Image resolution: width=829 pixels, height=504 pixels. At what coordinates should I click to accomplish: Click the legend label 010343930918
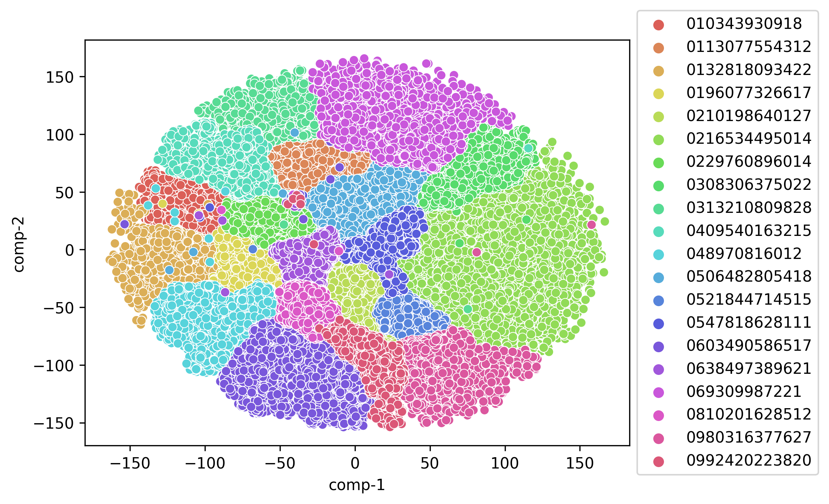click(744, 24)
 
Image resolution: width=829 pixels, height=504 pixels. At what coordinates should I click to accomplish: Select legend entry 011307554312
click(749, 47)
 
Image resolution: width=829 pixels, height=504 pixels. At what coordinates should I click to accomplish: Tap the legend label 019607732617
click(749, 93)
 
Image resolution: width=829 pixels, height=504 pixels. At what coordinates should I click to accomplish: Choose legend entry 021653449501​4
click(749, 139)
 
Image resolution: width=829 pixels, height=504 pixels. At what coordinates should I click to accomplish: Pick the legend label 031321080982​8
click(749, 208)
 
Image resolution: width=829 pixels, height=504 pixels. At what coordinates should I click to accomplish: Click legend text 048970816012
click(744, 254)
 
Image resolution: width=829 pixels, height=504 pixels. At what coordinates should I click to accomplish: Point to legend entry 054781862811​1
click(749, 323)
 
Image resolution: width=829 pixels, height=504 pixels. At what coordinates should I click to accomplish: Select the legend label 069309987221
click(744, 392)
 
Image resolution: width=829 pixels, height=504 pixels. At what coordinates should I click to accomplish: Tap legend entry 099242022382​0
click(749, 460)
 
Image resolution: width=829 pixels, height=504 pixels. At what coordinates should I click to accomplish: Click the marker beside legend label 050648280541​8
click(659, 277)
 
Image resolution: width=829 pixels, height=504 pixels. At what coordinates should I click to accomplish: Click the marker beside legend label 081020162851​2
click(659, 415)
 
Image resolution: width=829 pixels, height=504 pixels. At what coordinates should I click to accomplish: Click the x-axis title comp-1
click(357, 485)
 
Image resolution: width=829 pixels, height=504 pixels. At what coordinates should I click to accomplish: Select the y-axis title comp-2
click(19, 244)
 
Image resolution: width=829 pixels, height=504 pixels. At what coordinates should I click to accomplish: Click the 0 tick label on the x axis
click(355, 464)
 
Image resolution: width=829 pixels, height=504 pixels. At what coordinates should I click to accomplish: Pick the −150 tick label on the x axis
click(130, 464)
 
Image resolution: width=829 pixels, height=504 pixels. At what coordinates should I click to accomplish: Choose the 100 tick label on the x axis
click(505, 464)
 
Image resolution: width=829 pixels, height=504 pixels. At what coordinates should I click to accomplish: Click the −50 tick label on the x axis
click(280, 464)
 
